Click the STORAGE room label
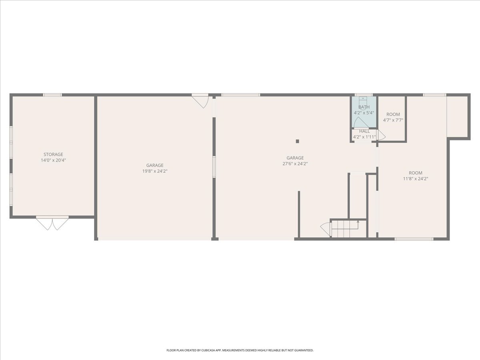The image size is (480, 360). pos(53,154)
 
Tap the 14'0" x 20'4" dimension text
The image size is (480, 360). pos(53,160)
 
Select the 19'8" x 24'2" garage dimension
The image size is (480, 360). pos(155,171)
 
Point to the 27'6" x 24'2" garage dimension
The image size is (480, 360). pos(295,164)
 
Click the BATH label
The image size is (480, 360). pos(364,107)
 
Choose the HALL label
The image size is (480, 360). pos(364,131)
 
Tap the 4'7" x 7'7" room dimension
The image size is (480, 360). pos(393,120)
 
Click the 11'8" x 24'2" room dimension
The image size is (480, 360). pos(416,178)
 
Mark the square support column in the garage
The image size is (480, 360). pos(298,141)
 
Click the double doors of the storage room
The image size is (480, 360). pos(52,223)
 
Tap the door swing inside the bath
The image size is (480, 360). pos(359,122)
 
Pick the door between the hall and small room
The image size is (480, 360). pos(382,135)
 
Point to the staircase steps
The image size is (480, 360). pos(349,229)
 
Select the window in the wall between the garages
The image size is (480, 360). pos(214,167)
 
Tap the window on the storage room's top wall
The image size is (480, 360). pos(52,95)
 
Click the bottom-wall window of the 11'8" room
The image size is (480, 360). pos(414,239)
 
